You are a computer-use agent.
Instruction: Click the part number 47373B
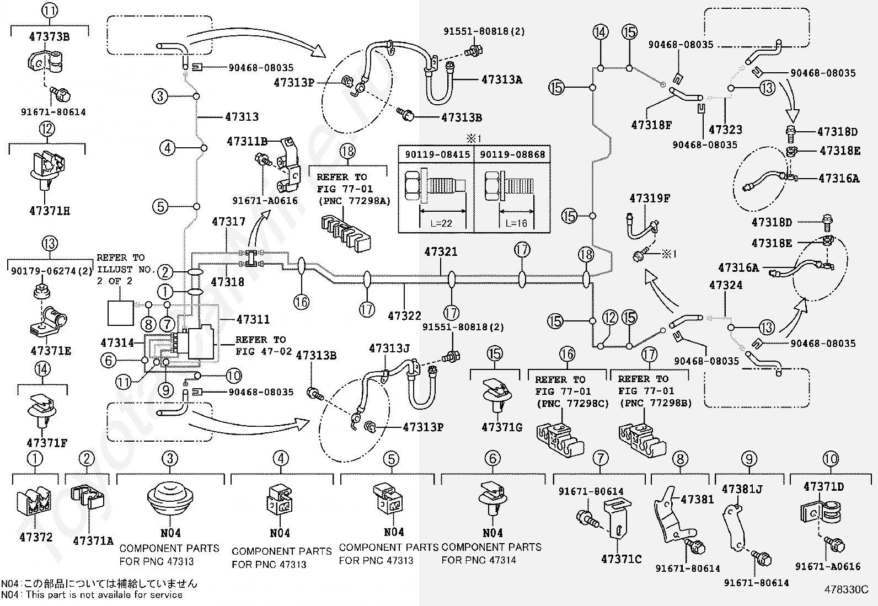(x=49, y=37)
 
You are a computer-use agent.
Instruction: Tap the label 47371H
(x=50, y=211)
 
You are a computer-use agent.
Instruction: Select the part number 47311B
(x=247, y=142)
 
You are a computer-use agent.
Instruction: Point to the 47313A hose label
(x=502, y=79)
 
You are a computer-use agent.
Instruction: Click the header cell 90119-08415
(x=437, y=154)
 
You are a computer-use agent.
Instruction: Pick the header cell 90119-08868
(x=512, y=154)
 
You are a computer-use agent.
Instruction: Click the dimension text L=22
(x=441, y=223)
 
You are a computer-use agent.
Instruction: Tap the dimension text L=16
(x=516, y=223)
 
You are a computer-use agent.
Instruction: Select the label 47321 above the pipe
(x=441, y=251)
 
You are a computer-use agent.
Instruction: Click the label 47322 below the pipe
(x=404, y=315)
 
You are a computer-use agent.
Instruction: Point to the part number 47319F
(x=650, y=199)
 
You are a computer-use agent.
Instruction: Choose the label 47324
(x=726, y=285)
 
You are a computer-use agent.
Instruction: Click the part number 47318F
(x=651, y=125)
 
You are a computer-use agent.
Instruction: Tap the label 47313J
(x=389, y=348)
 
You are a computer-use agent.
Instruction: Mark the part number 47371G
(x=502, y=427)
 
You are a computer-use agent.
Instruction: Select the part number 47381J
(x=742, y=489)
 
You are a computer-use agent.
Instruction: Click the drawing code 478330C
(x=846, y=589)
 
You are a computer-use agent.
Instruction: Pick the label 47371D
(x=823, y=487)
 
